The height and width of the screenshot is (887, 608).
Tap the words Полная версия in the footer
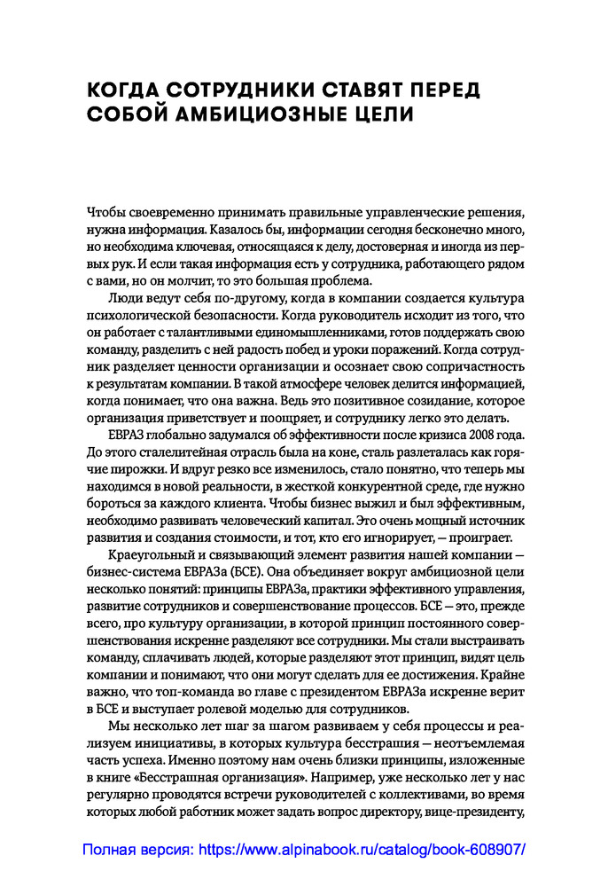136,849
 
